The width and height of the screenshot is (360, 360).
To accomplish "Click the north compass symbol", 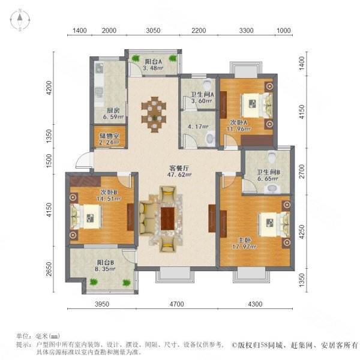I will tap(20, 20).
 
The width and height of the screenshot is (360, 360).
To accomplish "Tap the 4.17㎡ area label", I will tap(193, 127).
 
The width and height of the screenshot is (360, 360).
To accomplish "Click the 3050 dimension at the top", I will tap(154, 31).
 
